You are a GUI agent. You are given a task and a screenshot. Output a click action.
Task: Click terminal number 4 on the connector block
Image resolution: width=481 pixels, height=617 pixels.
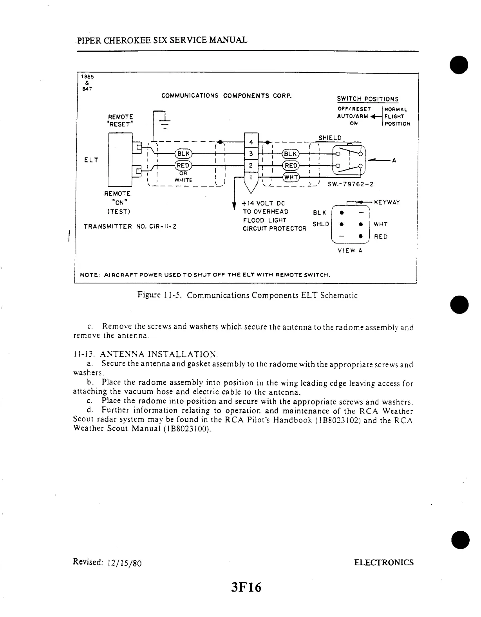point(251,142)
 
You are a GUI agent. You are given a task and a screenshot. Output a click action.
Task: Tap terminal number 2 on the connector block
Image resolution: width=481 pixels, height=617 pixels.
point(251,166)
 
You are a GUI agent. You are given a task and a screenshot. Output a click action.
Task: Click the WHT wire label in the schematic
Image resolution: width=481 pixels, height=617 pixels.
point(291,178)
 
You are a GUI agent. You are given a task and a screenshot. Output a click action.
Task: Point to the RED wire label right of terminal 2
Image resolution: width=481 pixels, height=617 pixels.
point(291,166)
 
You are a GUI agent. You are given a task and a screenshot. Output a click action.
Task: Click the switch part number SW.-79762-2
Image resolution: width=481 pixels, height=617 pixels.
point(347,184)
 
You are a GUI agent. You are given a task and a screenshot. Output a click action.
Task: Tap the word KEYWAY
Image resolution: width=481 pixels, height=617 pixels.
point(387,202)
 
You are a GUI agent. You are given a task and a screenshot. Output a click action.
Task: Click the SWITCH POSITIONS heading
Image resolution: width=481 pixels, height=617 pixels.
point(367,99)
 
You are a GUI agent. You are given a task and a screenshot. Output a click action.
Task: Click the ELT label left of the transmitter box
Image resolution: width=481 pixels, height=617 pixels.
point(91,160)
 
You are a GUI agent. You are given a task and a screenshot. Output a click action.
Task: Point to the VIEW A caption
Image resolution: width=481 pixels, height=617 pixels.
point(350,251)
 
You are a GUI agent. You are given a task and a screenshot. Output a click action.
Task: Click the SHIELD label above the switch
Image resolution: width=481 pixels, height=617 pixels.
point(330,138)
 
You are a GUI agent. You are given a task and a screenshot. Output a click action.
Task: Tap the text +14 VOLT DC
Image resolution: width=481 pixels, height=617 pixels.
point(264,203)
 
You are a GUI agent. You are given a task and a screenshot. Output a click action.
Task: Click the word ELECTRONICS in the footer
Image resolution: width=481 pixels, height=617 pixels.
point(383,563)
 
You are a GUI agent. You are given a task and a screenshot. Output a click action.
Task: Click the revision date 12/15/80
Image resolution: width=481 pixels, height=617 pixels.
point(123,563)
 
